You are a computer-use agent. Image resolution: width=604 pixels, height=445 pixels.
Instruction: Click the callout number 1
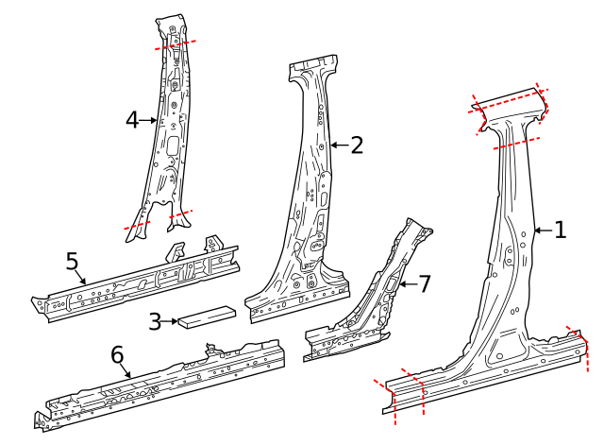coord(560,230)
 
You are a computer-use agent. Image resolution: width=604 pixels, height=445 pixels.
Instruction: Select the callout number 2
coord(356,145)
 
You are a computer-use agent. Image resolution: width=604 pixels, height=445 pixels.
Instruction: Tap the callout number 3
coord(155,321)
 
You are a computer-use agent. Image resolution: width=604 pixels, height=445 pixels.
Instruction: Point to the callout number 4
coord(132,119)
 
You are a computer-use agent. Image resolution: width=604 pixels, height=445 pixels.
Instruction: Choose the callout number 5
coord(72,260)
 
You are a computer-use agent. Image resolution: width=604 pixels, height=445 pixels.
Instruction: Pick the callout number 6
coord(117,354)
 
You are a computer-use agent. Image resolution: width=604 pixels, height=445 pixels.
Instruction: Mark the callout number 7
coord(424,282)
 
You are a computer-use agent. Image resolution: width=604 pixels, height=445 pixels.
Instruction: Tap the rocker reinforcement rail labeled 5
coord(142,283)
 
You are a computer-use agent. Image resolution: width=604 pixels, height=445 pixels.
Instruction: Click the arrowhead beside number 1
coord(535,230)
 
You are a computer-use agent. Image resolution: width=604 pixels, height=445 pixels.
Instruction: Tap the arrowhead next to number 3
coord(176,321)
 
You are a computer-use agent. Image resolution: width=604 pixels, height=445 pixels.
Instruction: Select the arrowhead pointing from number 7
coord(400,282)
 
